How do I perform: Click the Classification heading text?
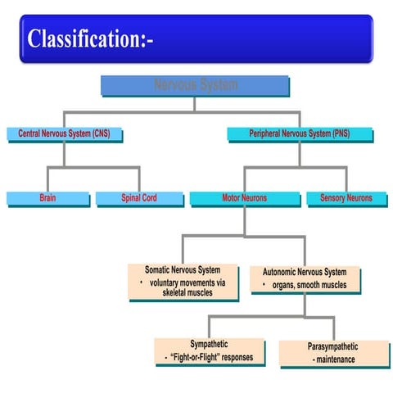(x=89, y=38)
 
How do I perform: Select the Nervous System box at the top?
(x=195, y=85)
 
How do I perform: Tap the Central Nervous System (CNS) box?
(x=64, y=133)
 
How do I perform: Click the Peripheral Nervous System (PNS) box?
(x=299, y=133)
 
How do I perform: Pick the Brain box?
(x=47, y=198)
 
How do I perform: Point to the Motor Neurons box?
(x=244, y=198)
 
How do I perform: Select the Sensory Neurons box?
(x=341, y=198)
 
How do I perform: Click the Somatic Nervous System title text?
(x=183, y=269)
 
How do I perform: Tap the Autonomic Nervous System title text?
(x=304, y=272)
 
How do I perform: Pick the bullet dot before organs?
(x=262, y=284)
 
